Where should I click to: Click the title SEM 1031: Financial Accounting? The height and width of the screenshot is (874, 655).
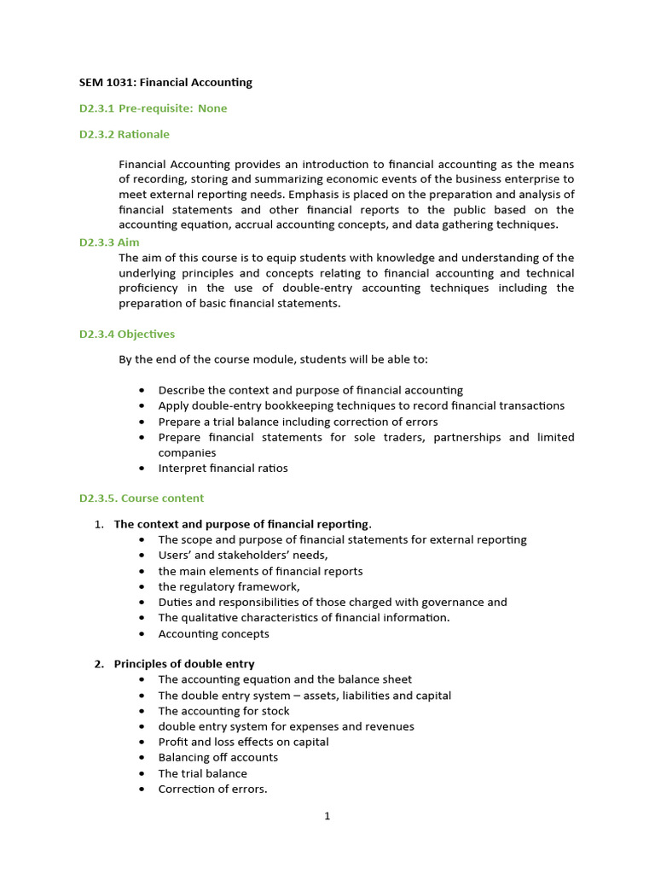click(165, 83)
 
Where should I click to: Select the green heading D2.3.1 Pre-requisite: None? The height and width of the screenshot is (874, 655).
click(154, 108)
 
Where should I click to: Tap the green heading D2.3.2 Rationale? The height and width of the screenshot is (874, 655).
click(125, 134)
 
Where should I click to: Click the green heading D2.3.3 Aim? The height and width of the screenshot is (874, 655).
click(109, 242)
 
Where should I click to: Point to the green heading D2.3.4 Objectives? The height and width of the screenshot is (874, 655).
click(127, 334)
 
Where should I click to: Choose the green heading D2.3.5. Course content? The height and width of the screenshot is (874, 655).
click(142, 498)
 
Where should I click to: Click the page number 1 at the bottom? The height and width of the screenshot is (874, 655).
click(327, 816)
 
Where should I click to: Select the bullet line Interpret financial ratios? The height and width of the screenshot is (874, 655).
click(223, 468)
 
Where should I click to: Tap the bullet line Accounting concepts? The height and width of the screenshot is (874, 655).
click(213, 633)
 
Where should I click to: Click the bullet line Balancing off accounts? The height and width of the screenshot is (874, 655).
click(217, 757)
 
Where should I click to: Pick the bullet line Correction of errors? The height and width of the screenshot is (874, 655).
click(212, 789)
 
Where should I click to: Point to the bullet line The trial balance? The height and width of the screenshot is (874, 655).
click(202, 773)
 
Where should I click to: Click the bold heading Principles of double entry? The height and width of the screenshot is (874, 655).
click(184, 663)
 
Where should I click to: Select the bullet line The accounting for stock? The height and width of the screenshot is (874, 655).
click(223, 710)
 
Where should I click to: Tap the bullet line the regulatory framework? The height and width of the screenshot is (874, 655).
click(229, 586)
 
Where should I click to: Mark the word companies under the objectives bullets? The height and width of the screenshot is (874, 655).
click(187, 452)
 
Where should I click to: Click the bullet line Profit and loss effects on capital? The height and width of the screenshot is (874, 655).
click(243, 742)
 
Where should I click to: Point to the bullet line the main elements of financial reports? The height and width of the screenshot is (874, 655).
click(260, 571)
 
